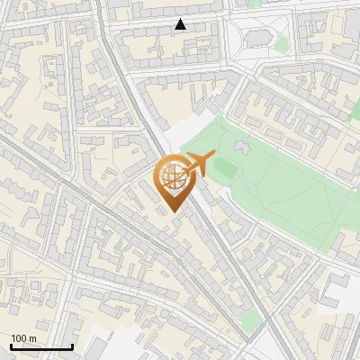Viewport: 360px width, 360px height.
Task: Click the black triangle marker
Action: pyautogui.click(x=180, y=24)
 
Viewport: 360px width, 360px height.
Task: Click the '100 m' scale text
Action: pyautogui.click(x=23, y=338)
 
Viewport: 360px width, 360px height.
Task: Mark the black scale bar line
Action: pyautogui.click(x=41, y=346)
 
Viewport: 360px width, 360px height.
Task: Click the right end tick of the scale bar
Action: pyautogui.click(x=72, y=345)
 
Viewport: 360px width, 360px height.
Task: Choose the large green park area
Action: pyautogui.click(x=288, y=180)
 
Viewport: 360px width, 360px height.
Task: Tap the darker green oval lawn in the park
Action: pyautogui.click(x=225, y=166)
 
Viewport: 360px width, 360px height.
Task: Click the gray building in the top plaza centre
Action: pyautogui.click(x=259, y=38)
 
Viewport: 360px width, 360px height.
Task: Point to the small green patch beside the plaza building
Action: pyautogui.click(x=282, y=43)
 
